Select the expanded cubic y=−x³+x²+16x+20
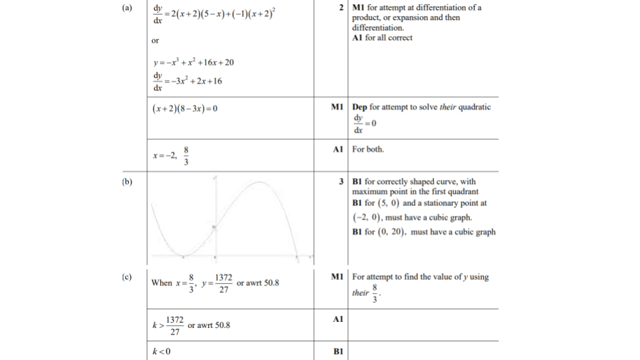click(x=193, y=63)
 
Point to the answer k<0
click(x=161, y=352)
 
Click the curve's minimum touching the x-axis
click(x=182, y=255)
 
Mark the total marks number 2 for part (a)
click(x=341, y=8)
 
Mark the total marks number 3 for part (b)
click(x=341, y=181)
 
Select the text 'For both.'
click(x=368, y=149)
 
